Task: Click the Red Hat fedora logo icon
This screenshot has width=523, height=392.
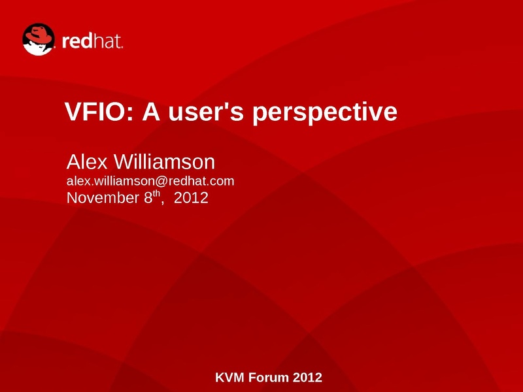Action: [39, 39]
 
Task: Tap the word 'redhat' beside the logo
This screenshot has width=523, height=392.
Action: [92, 41]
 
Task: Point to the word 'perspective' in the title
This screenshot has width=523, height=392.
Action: [324, 113]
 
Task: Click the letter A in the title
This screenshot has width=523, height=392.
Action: [151, 111]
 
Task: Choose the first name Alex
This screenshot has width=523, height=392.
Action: [87, 161]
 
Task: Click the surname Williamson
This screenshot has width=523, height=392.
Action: [165, 161]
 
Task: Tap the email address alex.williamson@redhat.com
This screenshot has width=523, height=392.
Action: [150, 181]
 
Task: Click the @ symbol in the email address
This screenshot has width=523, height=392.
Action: [161, 182]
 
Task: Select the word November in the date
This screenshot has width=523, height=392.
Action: [103, 198]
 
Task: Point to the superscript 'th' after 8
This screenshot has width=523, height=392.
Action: [156, 193]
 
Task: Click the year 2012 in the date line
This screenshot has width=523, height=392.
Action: [191, 198]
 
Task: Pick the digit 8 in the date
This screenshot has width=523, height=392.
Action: [148, 198]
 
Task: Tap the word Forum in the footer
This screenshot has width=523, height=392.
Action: [269, 378]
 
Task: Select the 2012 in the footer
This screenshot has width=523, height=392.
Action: [307, 378]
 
